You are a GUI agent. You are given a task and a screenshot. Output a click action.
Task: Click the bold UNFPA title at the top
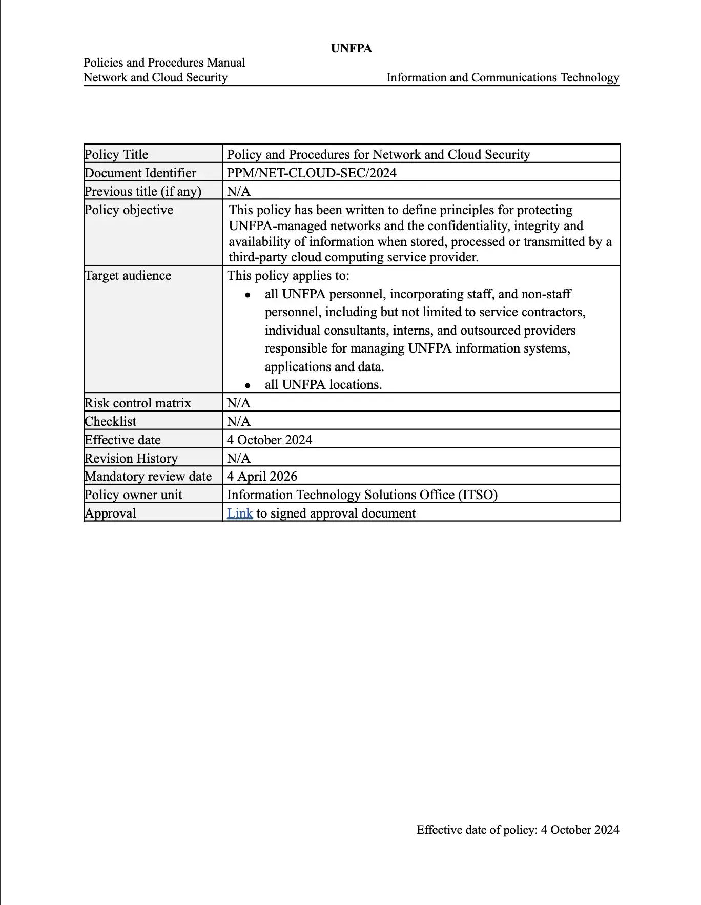tap(351, 48)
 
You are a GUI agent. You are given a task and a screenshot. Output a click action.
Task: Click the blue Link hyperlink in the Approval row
tap(240, 513)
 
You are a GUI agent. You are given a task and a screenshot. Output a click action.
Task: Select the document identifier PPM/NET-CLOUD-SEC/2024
tap(312, 173)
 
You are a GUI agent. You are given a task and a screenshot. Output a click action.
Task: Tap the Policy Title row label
tap(116, 154)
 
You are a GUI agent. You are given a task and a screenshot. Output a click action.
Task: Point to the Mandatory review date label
tap(148, 476)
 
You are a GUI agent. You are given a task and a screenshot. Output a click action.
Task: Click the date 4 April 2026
tap(262, 476)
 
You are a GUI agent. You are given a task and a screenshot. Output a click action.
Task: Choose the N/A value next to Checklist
tap(239, 421)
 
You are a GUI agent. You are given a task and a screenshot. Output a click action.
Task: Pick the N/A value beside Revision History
tap(239, 458)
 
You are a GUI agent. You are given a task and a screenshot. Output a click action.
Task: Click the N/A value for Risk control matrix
tap(239, 403)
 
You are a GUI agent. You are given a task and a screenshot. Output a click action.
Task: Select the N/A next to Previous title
tap(239, 191)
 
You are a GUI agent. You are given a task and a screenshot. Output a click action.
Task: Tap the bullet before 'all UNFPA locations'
tap(248, 385)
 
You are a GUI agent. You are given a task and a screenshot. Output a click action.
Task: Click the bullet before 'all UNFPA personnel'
tap(248, 295)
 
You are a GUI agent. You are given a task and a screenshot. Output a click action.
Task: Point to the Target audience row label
tap(128, 275)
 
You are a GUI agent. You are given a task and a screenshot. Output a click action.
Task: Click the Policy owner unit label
tap(133, 495)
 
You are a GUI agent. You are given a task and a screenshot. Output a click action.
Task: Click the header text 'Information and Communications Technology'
tap(503, 77)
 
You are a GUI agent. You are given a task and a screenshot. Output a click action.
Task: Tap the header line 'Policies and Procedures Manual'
tap(164, 63)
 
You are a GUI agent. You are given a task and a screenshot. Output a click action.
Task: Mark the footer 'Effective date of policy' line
tap(518, 830)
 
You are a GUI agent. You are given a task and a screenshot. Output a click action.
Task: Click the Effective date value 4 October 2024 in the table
tap(270, 440)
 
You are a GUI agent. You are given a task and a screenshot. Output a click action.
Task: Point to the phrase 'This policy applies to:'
tap(288, 275)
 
